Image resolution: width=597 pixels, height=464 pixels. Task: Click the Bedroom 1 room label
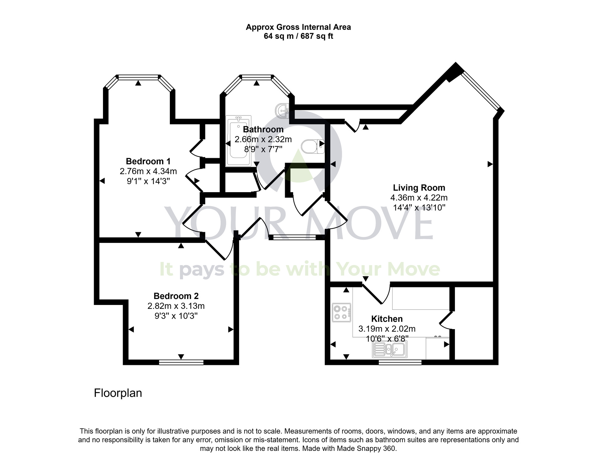(148, 161)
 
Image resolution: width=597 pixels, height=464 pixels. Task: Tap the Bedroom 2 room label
(176, 296)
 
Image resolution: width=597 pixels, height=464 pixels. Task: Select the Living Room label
(419, 188)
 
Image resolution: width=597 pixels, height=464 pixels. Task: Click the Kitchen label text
(387, 319)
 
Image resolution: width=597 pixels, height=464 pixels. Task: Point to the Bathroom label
(263, 130)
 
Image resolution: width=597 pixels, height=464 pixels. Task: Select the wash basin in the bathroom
(282, 111)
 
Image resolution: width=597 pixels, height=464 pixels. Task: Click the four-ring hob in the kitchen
(341, 312)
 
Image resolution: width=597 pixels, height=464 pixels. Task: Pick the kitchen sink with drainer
(390, 349)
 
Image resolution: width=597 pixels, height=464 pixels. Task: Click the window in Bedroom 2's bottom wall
(181, 362)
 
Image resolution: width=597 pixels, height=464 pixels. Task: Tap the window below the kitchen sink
(400, 362)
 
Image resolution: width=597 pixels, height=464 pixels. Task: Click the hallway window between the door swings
(294, 238)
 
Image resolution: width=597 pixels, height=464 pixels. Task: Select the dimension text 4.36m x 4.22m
(419, 198)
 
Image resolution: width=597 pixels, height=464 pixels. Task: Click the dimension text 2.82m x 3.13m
(176, 306)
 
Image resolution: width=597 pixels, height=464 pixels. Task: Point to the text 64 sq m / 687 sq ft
(298, 36)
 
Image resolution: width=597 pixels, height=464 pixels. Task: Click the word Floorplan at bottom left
(118, 393)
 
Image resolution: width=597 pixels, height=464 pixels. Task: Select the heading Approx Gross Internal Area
(298, 27)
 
